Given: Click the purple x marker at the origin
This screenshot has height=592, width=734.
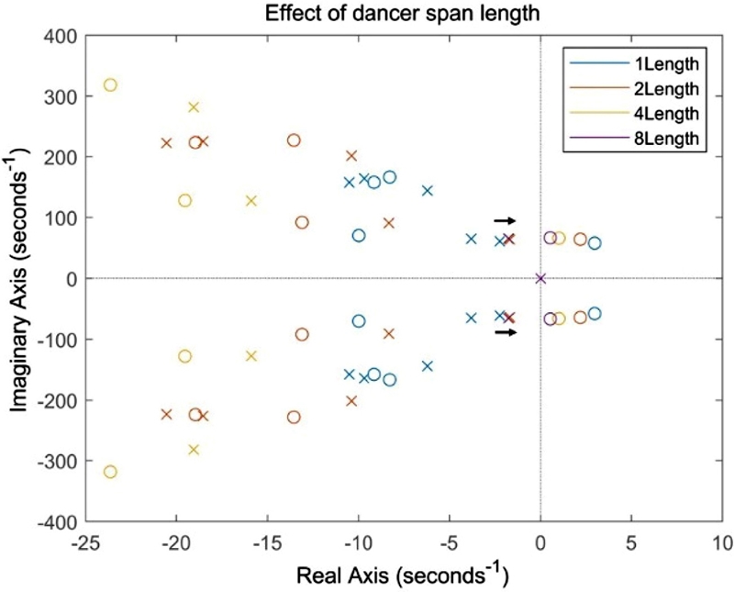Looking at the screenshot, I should tap(540, 278).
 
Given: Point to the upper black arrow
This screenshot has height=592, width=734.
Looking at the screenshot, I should tap(505, 220).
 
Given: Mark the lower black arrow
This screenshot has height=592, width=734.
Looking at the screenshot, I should tap(505, 332).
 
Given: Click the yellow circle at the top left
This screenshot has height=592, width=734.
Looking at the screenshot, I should tap(111, 84).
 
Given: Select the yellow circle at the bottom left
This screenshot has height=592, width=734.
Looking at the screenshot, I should tap(111, 472).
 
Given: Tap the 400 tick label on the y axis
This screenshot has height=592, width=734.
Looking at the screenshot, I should tap(61, 36).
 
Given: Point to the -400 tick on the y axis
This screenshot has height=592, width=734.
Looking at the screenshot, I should tap(58, 520).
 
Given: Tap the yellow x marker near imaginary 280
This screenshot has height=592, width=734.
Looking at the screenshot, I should tap(194, 107).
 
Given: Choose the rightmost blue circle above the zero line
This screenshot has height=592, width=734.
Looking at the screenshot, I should tap(595, 243).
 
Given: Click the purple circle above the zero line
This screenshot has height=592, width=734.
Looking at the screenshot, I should tap(550, 238).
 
